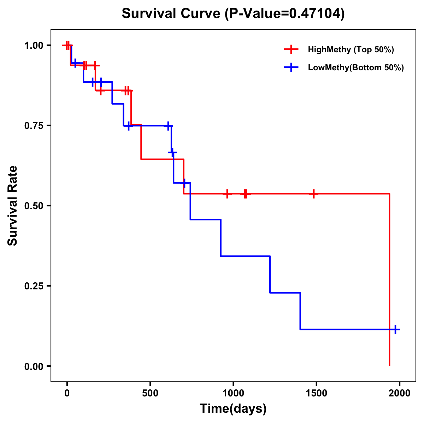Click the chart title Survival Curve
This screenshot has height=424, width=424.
pos(233,14)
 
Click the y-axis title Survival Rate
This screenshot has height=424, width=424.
pos(13,206)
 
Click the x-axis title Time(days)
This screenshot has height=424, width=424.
pos(233,408)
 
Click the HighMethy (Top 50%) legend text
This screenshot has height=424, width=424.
pos(351,49)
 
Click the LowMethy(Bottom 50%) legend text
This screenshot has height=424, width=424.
pos(356,68)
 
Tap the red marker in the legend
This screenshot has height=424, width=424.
pos(291,49)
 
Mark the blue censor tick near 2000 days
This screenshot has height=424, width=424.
pos(395,329)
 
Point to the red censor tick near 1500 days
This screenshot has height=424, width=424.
pos(313,194)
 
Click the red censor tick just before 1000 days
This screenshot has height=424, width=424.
pos(227,194)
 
